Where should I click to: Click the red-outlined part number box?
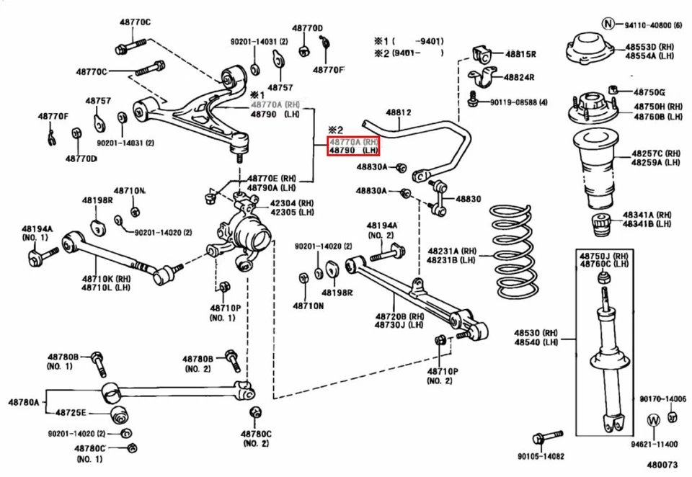(353, 146)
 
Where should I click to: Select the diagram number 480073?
(662, 465)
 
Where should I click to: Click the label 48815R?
(520, 54)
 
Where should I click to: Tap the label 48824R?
(519, 76)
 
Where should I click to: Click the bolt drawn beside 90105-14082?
(548, 437)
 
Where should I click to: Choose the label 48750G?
(649, 92)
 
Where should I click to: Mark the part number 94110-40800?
(647, 24)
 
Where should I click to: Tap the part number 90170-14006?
(662, 398)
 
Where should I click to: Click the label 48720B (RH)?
(399, 316)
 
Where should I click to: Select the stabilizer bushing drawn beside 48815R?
(482, 53)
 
